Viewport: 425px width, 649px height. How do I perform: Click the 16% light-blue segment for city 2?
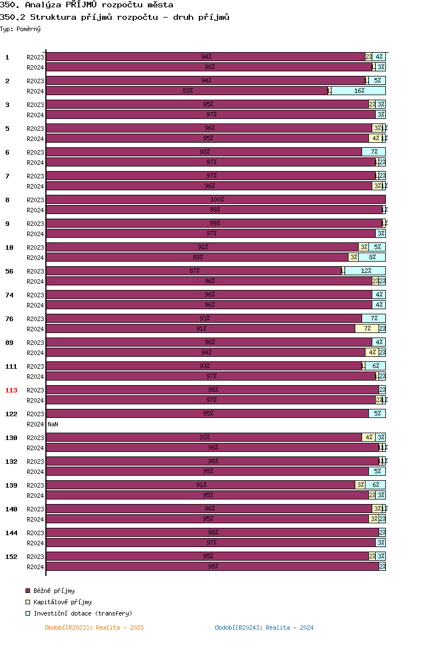tap(359, 91)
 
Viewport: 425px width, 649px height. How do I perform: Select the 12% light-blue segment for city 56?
tap(365, 271)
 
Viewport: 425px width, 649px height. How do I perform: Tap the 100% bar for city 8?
tap(216, 199)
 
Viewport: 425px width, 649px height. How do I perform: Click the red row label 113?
tap(11, 390)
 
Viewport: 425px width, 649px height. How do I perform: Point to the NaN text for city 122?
tap(53, 424)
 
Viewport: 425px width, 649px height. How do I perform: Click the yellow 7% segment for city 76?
tap(367, 328)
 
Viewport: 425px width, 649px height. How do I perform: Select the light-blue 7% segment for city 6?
tap(374, 152)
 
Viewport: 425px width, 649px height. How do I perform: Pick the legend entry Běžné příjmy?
tap(54, 591)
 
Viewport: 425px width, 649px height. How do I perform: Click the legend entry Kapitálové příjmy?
tap(62, 602)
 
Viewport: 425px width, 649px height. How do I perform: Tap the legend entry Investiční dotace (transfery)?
tap(83, 613)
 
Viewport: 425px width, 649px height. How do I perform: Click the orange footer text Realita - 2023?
tap(94, 627)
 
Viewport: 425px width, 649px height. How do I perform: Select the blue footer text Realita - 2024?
tap(264, 627)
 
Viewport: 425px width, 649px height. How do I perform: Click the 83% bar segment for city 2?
tap(187, 91)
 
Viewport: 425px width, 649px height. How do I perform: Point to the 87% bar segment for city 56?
tap(194, 271)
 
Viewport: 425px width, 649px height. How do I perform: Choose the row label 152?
tap(11, 557)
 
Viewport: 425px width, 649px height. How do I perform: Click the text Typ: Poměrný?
tap(20, 29)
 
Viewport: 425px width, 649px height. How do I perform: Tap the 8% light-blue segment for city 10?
tap(372, 257)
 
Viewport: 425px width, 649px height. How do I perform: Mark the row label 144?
tap(11, 533)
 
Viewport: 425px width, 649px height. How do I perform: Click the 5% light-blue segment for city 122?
tap(377, 413)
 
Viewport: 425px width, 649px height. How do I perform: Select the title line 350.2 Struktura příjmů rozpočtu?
tap(115, 17)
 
